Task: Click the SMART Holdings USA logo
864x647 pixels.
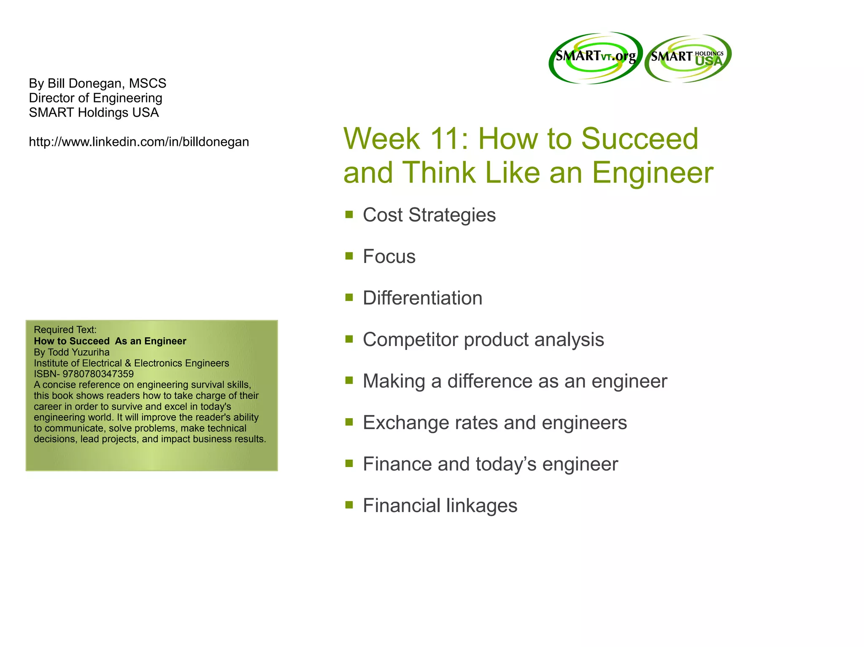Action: tap(688, 58)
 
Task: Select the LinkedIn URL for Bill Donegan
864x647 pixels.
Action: tap(139, 142)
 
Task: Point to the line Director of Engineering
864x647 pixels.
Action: tap(95, 98)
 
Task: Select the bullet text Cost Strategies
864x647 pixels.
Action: tap(429, 215)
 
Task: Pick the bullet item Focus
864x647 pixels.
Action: tap(389, 256)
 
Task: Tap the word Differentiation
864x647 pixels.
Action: tap(422, 298)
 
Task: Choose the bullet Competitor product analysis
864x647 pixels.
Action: tap(483, 340)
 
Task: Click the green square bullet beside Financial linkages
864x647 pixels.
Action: tap(349, 505)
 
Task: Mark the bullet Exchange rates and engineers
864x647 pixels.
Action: tap(494, 423)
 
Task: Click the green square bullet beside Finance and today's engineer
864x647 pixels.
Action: tap(349, 463)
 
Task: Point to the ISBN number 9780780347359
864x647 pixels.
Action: tap(98, 374)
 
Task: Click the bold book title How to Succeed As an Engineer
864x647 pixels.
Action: tap(110, 341)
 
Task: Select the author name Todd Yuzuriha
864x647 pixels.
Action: tap(78, 352)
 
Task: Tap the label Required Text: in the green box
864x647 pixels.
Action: tap(65, 330)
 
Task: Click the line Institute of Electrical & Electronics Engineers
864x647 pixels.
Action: tap(131, 363)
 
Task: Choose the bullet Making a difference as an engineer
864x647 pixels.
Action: tap(515, 381)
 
